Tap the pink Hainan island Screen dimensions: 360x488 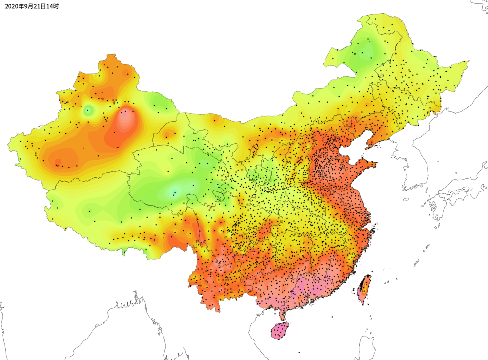(280, 331)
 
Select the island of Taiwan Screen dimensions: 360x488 (364, 289)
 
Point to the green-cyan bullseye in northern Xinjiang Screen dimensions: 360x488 (88, 110)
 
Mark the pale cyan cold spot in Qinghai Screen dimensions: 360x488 (174, 192)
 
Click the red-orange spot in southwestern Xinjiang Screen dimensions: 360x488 (58, 162)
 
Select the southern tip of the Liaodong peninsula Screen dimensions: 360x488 (367, 145)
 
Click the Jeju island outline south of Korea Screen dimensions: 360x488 (406, 199)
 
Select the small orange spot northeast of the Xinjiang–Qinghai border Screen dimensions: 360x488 (168, 134)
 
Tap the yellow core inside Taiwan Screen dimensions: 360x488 (364, 282)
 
